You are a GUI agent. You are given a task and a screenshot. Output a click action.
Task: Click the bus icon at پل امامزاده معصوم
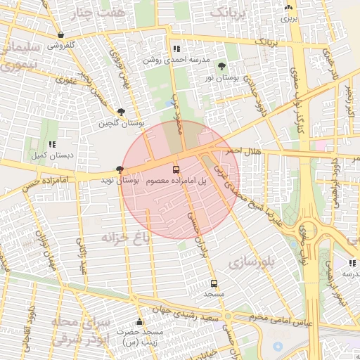pos(176,169)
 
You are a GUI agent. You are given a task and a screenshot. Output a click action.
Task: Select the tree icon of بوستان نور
pos(222,67)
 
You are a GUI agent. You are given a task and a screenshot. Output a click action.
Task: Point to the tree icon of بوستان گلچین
pos(122,112)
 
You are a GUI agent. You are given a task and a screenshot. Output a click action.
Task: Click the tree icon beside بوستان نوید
pos(120,169)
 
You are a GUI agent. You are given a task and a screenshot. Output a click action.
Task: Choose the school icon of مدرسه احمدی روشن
pos(176,49)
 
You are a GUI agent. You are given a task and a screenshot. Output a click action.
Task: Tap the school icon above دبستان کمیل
pos(52,144)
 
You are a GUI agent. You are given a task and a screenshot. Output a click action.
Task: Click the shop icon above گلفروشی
pos(61,34)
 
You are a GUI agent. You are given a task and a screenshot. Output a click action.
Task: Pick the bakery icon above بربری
pos(288,7)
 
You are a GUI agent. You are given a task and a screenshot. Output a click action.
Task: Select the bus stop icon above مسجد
pos(214,283)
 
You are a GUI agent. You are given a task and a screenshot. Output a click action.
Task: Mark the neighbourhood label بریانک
pos(229,13)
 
